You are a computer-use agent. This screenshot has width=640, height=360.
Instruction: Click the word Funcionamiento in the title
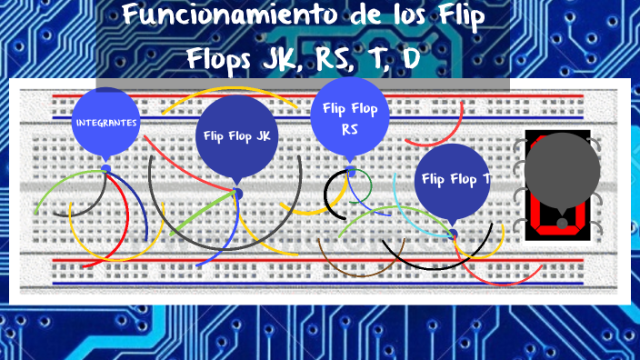pyautogui.click(x=213, y=16)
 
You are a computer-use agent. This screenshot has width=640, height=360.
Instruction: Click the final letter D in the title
pyautogui.click(x=410, y=60)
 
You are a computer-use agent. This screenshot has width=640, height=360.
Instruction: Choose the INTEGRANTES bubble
pyautogui.click(x=106, y=121)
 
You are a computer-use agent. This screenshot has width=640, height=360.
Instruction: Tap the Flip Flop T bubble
pyautogui.click(x=453, y=178)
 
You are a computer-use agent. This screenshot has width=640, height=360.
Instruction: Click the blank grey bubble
pyautogui.click(x=563, y=171)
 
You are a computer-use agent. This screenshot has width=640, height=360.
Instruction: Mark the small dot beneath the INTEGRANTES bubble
pyautogui.click(x=106, y=169)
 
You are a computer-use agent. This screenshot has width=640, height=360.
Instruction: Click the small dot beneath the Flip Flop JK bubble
pyautogui.click(x=238, y=193)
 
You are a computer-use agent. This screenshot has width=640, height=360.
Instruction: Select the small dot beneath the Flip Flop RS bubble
pyautogui.click(x=351, y=171)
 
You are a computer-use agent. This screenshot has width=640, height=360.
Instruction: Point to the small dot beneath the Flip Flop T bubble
pyautogui.click(x=453, y=234)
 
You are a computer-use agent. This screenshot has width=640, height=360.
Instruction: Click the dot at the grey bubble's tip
pyautogui.click(x=563, y=223)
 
